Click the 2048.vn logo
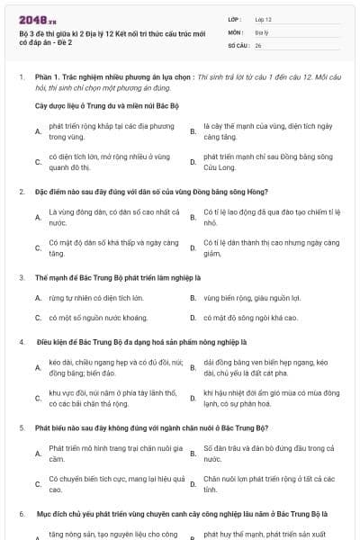(37, 18)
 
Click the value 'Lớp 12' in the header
(264, 18)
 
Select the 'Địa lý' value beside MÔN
(261, 31)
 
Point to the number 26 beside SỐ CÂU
(258, 44)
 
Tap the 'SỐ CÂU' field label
(237, 44)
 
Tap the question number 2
(21, 192)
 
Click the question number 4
(21, 343)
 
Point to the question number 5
(21, 428)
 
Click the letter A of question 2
(38, 217)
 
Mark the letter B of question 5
(193, 454)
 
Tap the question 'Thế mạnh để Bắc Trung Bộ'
(99, 277)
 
